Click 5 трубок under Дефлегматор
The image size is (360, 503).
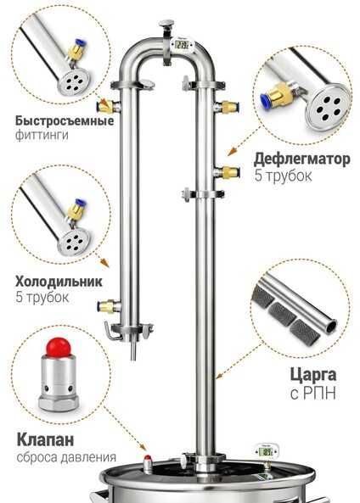[284, 176]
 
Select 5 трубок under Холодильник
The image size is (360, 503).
[42, 298]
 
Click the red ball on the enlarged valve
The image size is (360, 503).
[58, 349]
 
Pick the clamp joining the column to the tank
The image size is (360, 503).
[204, 464]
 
